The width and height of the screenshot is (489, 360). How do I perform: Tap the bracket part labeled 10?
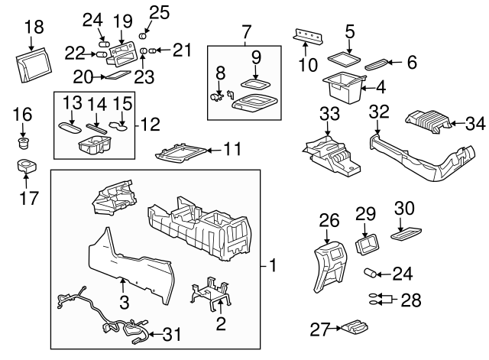click(x=309, y=36)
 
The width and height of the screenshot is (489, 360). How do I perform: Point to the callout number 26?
click(x=329, y=221)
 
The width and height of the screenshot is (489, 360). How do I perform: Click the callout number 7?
click(x=245, y=33)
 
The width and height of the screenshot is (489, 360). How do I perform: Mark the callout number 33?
click(x=329, y=114)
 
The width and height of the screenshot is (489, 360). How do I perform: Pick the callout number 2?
click(x=221, y=324)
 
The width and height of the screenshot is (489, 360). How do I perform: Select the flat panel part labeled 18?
click(x=34, y=63)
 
